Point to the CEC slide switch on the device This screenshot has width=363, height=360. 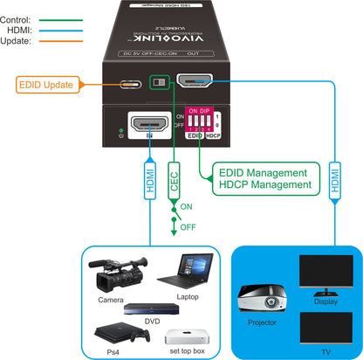click(x=161, y=81)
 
